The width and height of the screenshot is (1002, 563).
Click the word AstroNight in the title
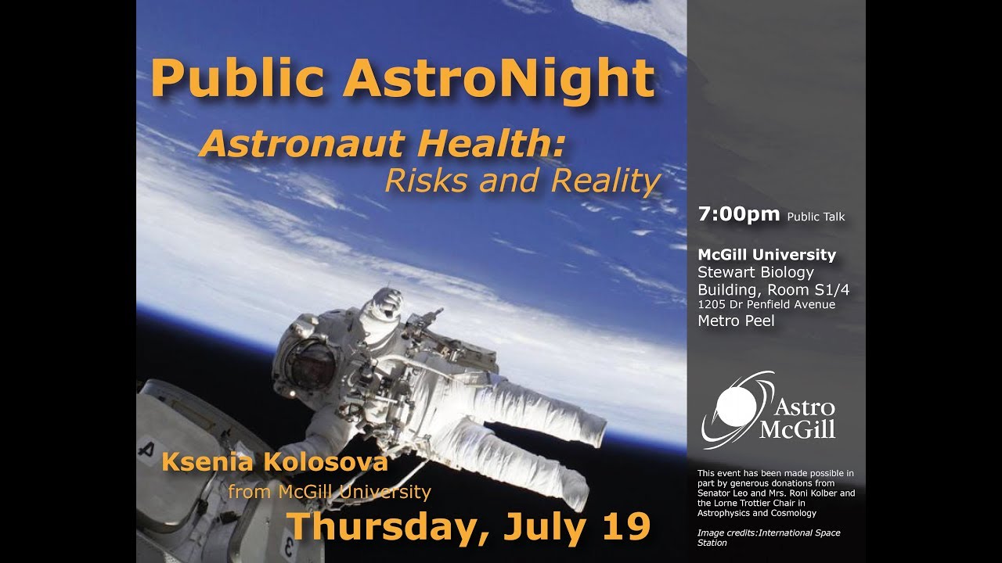(499, 77)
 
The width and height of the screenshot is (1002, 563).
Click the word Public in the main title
(238, 77)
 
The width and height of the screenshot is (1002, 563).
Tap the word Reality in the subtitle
(606, 181)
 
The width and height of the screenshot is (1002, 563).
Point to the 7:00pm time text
(739, 214)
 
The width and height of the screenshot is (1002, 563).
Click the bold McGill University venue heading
(766, 255)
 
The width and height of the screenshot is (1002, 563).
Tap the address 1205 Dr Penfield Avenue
(766, 305)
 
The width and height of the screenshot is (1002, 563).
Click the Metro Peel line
(736, 321)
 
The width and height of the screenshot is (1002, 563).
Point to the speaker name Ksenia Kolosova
(274, 462)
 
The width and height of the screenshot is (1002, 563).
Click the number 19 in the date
(625, 526)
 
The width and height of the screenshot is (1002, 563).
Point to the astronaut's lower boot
(575, 493)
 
